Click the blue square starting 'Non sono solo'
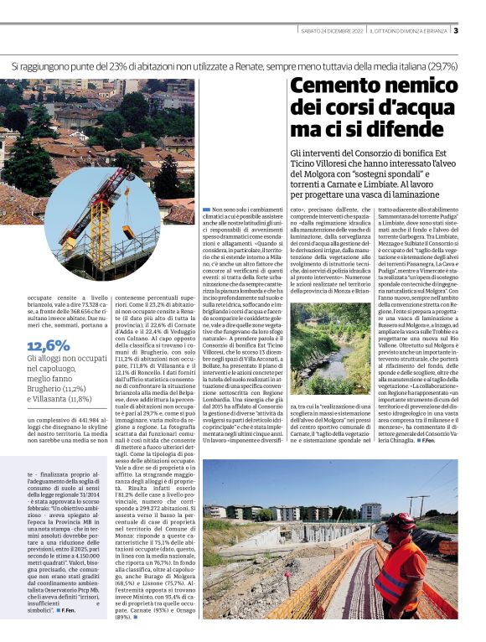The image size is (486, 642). (x=207, y=208)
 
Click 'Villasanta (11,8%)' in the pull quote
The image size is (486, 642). (x=61, y=400)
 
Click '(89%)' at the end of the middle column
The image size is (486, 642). (x=123, y=616)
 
